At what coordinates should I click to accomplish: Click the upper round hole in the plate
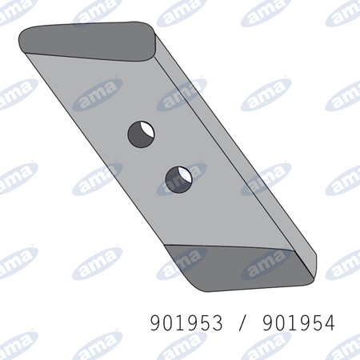click(x=141, y=134)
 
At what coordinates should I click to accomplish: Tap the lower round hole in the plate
click(x=179, y=180)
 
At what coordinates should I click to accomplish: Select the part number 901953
click(x=186, y=322)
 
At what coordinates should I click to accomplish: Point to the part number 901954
click(x=298, y=322)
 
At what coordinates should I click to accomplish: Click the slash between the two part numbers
click(x=242, y=323)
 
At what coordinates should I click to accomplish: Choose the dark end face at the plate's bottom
click(x=240, y=268)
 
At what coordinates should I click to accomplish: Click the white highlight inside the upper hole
click(x=148, y=130)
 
